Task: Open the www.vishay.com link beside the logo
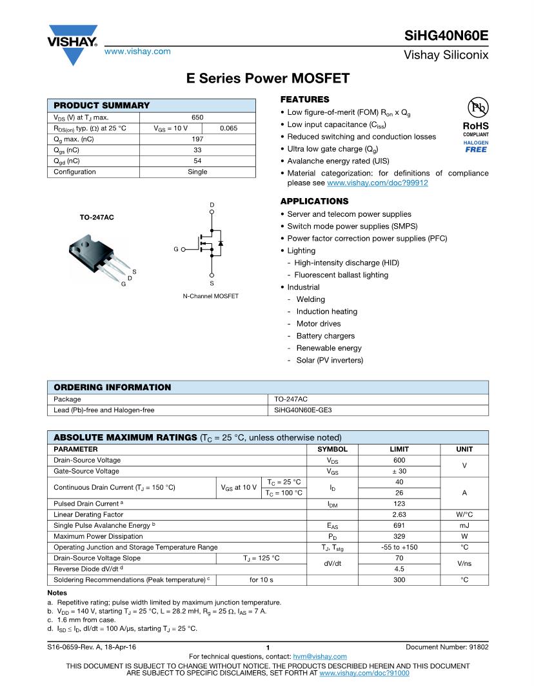(137, 51)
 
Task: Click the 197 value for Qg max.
(197, 139)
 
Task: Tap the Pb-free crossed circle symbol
(477, 108)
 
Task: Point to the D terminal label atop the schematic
(212, 205)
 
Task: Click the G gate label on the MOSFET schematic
(175, 248)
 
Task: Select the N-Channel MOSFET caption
(211, 296)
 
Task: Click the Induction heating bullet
(326, 312)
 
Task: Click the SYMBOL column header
(332, 449)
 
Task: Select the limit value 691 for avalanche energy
(399, 526)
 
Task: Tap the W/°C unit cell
(464, 515)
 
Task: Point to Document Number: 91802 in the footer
(447, 646)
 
